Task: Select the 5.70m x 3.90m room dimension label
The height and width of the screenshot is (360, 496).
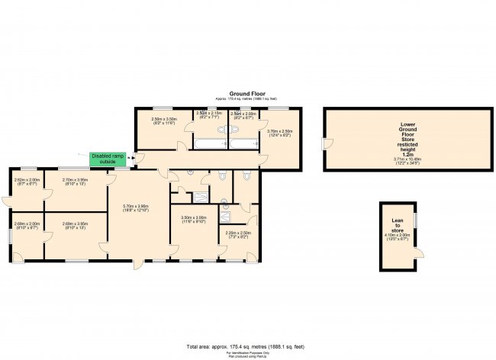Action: click(137, 207)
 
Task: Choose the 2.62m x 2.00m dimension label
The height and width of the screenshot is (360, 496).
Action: click(26, 182)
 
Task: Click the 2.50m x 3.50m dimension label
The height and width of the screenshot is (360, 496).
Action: click(164, 121)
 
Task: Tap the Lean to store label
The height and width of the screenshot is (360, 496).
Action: click(398, 224)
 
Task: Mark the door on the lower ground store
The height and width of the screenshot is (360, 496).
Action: click(326, 145)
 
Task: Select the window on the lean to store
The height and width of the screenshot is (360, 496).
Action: click(417, 219)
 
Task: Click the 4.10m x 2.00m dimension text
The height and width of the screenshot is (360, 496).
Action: click(398, 237)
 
